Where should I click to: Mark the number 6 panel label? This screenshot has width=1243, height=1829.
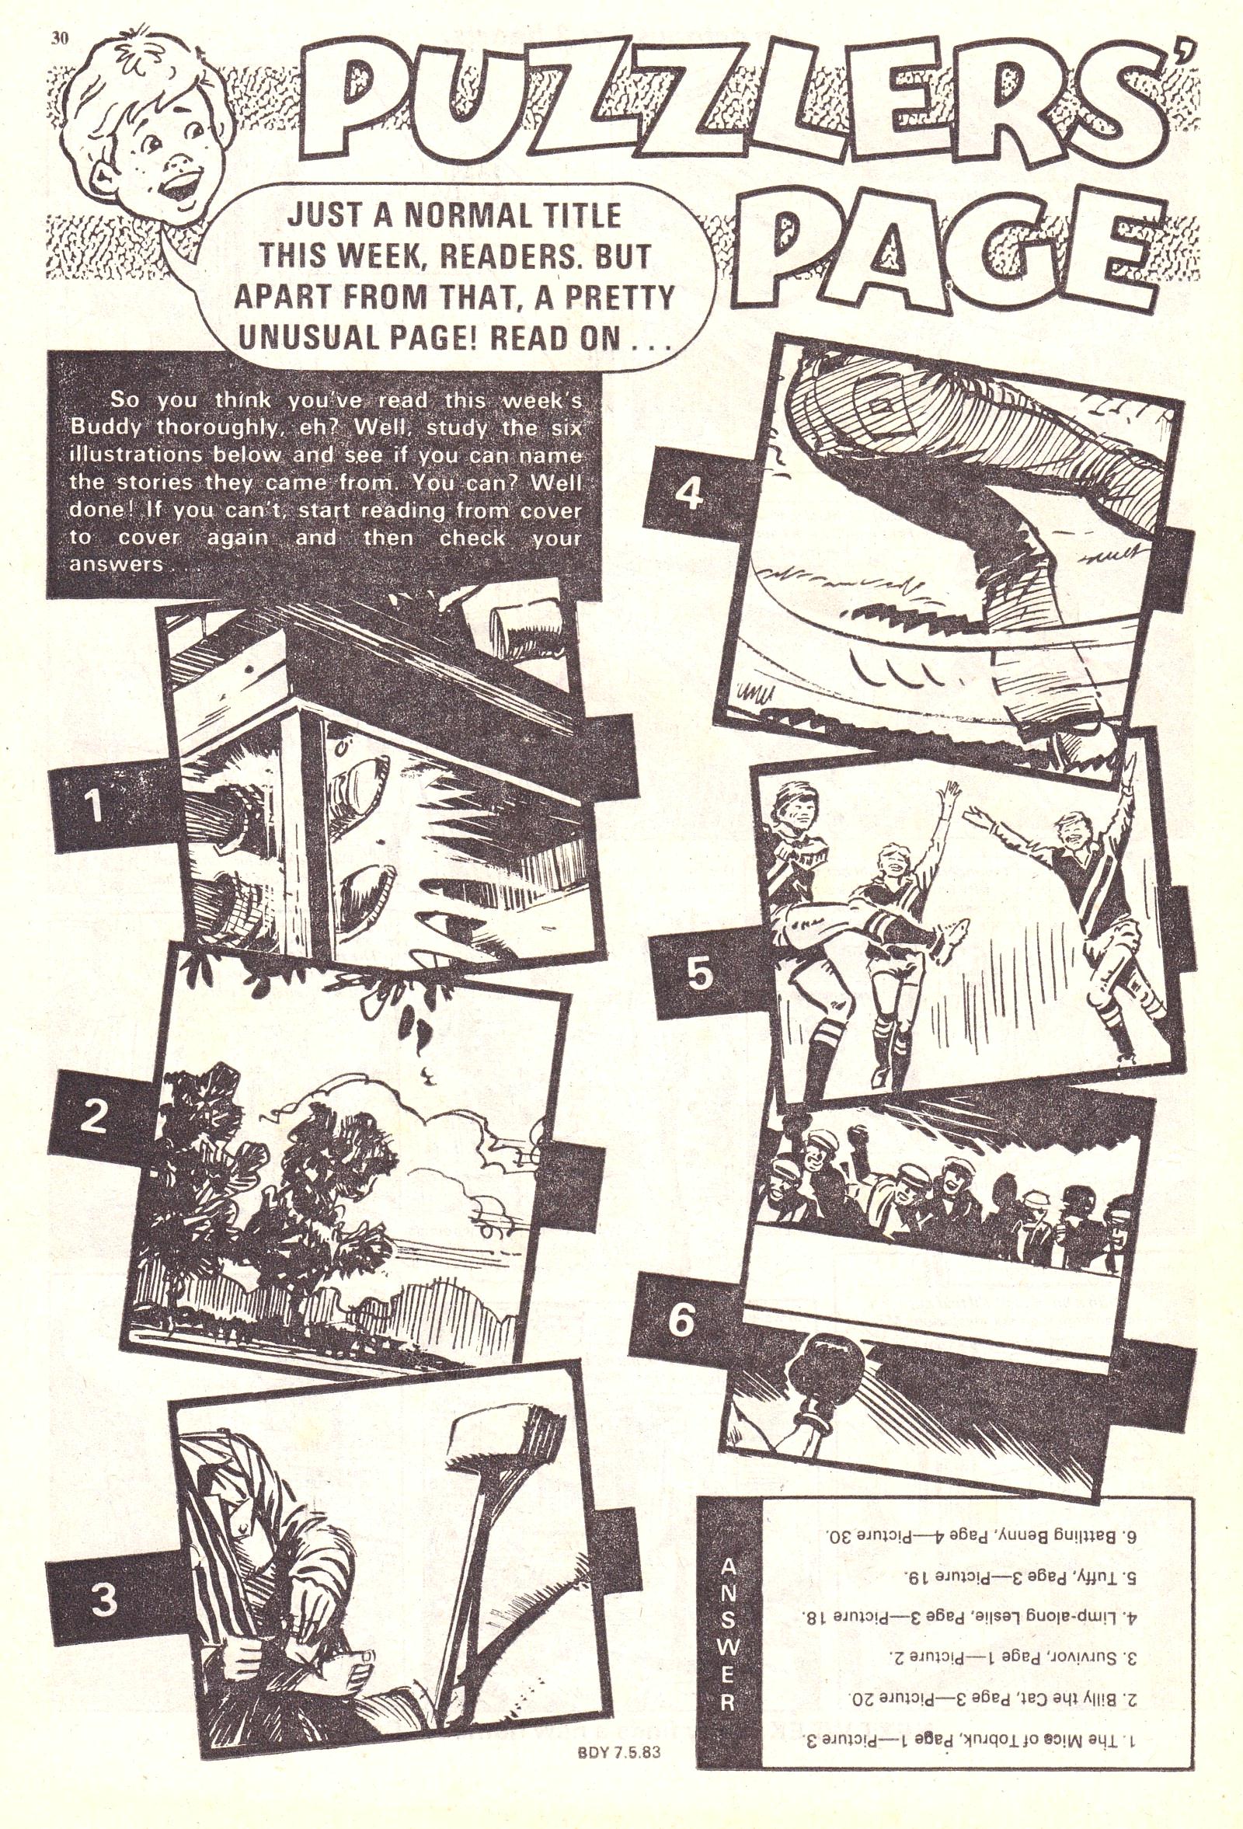[681, 1320]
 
